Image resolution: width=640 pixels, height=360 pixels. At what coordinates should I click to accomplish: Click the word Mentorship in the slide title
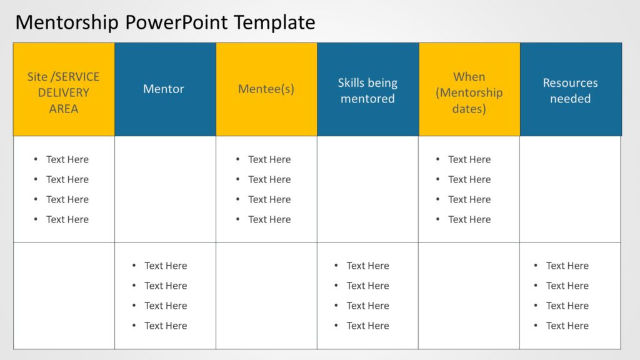[x=67, y=22]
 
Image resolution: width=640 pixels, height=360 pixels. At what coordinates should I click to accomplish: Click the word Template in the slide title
[x=274, y=22]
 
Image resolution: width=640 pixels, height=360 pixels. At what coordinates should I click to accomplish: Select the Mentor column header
[x=164, y=89]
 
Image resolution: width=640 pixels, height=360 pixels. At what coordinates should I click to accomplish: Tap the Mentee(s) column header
[x=266, y=89]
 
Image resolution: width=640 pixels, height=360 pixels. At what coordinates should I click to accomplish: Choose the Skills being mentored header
[x=367, y=91]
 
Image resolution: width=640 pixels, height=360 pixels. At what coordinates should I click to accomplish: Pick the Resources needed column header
[x=570, y=91]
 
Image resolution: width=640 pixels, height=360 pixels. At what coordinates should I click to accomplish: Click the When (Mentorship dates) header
[x=469, y=92]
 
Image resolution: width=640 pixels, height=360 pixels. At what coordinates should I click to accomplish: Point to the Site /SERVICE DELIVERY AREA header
[x=64, y=92]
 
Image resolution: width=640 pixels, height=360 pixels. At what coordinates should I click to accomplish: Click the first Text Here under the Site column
[x=67, y=159]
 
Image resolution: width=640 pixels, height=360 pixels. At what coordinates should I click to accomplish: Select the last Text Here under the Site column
[x=67, y=219]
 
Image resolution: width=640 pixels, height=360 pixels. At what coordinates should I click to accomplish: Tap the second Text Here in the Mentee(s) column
[x=269, y=179]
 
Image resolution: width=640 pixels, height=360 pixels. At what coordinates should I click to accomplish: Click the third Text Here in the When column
[x=469, y=199]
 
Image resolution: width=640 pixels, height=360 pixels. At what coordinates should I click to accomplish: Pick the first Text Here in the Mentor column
[x=166, y=266]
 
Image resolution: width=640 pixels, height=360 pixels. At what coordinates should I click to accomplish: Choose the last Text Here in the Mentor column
[x=166, y=326]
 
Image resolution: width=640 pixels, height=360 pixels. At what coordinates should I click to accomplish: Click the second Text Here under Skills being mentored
[x=367, y=286]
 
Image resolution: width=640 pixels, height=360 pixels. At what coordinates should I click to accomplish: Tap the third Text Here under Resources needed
[x=567, y=306]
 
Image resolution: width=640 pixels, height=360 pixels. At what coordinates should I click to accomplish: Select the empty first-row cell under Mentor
[x=165, y=189]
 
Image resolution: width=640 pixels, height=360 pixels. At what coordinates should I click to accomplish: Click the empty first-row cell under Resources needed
[x=570, y=189]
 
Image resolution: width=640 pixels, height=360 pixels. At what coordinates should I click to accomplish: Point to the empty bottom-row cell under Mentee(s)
[x=266, y=296]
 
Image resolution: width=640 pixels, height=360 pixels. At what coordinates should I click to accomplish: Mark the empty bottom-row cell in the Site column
[x=64, y=296]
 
